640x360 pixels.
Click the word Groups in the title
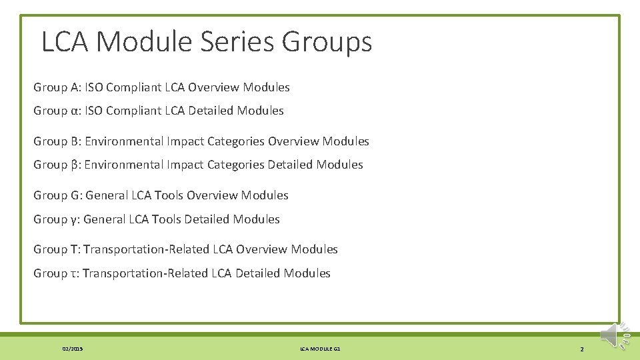[x=327, y=43]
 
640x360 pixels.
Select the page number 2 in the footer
[x=581, y=349]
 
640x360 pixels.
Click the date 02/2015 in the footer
[x=73, y=349]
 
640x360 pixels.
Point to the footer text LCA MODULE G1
[x=320, y=349]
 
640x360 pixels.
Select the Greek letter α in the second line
[x=75, y=111]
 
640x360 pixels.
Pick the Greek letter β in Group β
[x=75, y=165]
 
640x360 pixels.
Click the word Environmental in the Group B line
[x=123, y=141]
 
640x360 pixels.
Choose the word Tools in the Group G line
[x=169, y=195]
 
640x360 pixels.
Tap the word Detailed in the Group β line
[x=290, y=165]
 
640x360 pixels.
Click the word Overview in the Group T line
[x=261, y=249]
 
